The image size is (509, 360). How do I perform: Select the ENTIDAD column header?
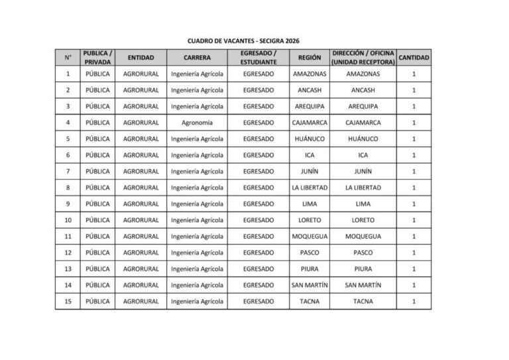pos(141,58)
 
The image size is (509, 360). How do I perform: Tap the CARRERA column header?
pos(197,58)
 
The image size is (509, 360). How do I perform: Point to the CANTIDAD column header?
pos(414,58)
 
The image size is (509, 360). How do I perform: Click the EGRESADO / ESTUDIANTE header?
pos(258,58)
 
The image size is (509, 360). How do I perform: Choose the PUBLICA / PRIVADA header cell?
pos(97,58)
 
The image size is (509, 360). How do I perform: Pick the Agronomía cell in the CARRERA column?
pos(197,123)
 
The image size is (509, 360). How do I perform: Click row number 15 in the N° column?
pos(68,302)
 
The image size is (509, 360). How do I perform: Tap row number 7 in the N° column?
pos(68,172)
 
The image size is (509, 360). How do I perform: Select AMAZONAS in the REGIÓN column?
pos(309,74)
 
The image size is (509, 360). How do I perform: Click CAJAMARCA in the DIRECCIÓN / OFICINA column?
pos(363,123)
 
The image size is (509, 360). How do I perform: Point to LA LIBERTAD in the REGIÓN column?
pos(309,188)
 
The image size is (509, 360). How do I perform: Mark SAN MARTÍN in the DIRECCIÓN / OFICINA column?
pos(363,285)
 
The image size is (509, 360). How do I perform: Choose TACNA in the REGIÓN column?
pos(309,302)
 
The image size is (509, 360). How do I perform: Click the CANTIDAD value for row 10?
pos(414,220)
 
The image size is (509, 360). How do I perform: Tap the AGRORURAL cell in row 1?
pos(141,74)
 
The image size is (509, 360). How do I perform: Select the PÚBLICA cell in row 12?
pos(97,253)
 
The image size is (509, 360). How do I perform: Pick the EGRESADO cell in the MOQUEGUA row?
pos(258,237)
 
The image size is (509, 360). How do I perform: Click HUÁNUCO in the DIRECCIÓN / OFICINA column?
pos(363,139)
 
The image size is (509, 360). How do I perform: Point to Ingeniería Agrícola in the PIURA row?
pos(197,269)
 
